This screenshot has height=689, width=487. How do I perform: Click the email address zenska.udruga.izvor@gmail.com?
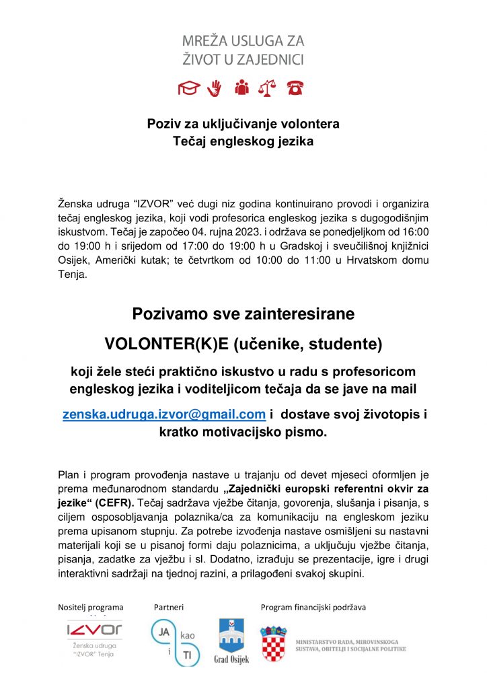click(x=163, y=415)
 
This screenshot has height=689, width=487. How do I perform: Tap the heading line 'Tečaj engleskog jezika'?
click(x=243, y=141)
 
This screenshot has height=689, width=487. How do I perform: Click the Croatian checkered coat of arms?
click(x=274, y=643)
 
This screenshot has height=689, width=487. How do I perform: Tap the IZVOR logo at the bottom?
click(x=94, y=630)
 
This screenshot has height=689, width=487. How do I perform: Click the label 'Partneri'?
click(x=169, y=608)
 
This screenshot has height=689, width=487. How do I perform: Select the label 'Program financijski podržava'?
click(x=313, y=608)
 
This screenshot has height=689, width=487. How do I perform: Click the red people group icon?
click(x=241, y=87)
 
